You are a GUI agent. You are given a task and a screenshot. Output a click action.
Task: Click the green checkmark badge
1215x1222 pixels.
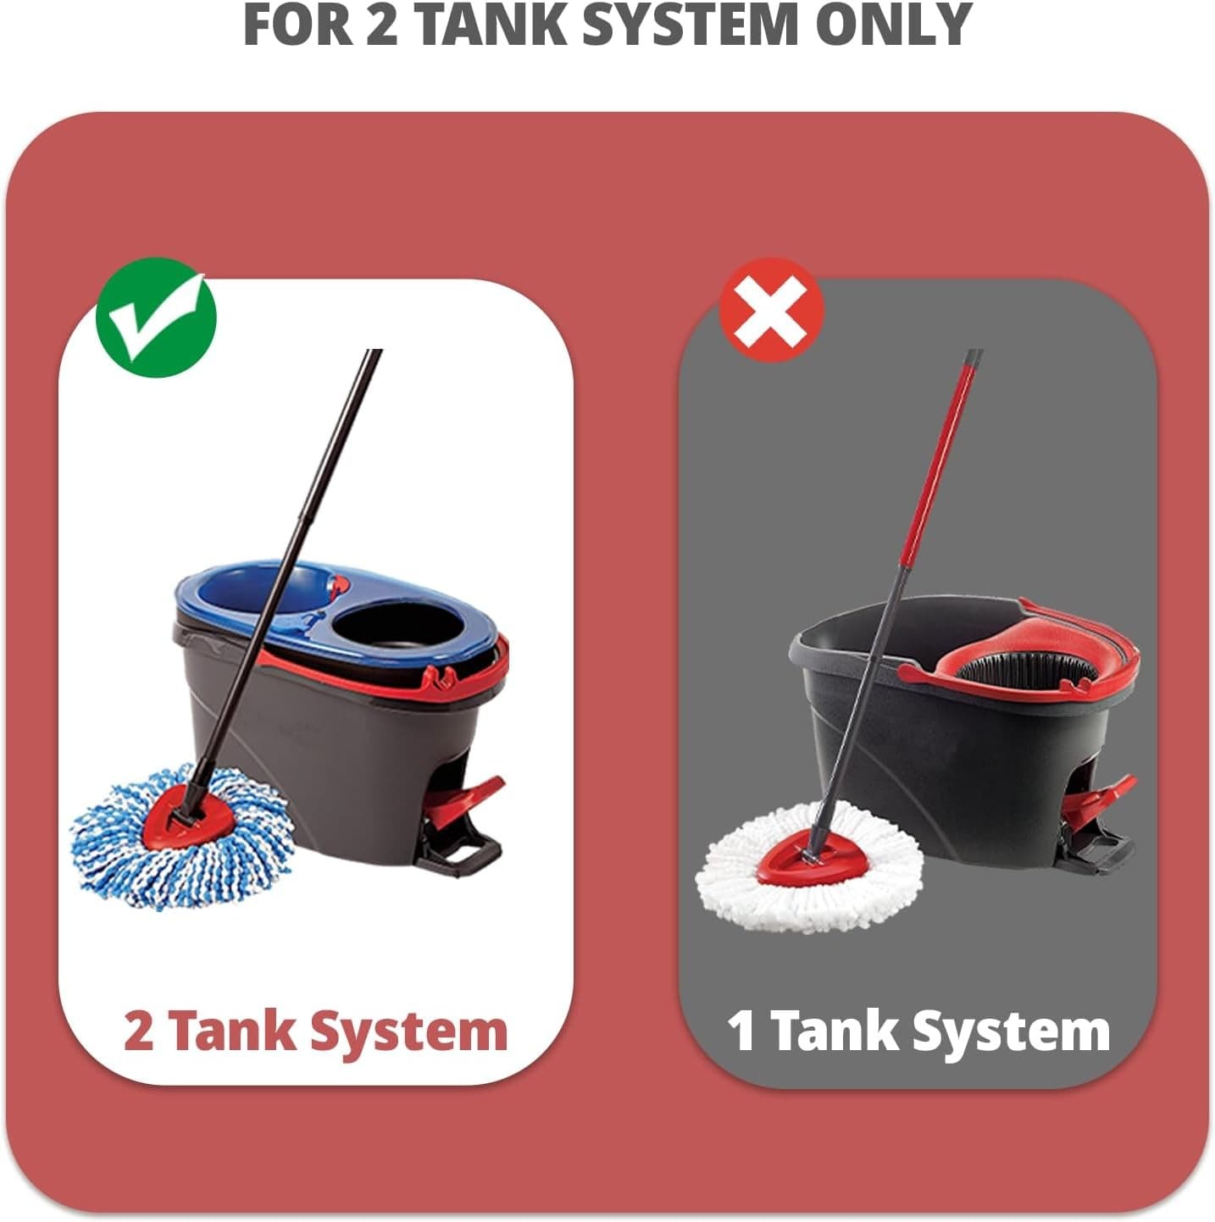pos(156,317)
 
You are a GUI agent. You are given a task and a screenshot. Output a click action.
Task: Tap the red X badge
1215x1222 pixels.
pos(771,310)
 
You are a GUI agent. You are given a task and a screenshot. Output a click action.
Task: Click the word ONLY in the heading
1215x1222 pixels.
pos(893,25)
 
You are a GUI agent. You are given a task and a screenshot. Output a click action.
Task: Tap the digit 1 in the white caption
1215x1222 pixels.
pos(741,1031)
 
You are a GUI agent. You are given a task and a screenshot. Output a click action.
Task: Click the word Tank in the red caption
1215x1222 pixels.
pos(233,1032)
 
